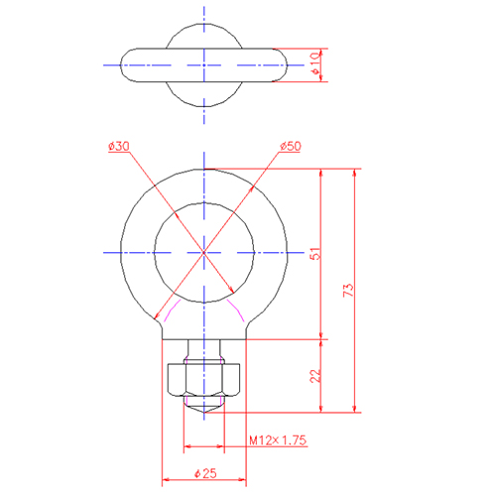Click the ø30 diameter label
pos(119,146)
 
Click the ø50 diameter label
pos(291,146)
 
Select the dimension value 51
pos(315,253)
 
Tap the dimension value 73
pos(349,290)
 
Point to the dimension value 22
pos(315,376)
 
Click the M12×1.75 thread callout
pos(278,440)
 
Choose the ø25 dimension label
pos(205,473)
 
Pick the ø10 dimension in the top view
pos(315,62)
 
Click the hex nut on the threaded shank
pos(203,380)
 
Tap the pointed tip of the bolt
pos(204,413)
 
